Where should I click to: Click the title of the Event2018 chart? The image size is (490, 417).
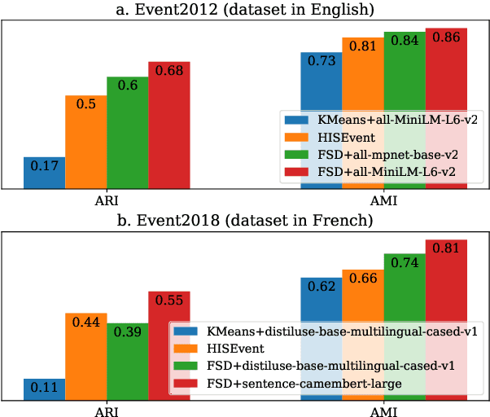(244, 219)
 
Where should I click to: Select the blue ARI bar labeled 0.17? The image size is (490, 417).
(44, 173)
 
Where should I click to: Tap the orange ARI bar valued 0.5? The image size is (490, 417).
(85, 143)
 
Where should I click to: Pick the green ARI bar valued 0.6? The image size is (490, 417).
(127, 134)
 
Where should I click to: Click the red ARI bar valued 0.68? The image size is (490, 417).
(168, 125)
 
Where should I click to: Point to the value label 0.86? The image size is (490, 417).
(446, 37)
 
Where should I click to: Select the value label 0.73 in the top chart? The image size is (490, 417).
(322, 61)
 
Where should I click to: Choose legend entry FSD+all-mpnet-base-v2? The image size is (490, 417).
(383, 155)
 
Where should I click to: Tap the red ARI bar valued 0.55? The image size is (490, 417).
(168, 345)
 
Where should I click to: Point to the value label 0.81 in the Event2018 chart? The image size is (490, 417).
(446, 248)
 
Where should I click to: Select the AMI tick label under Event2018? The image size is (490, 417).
(384, 411)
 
